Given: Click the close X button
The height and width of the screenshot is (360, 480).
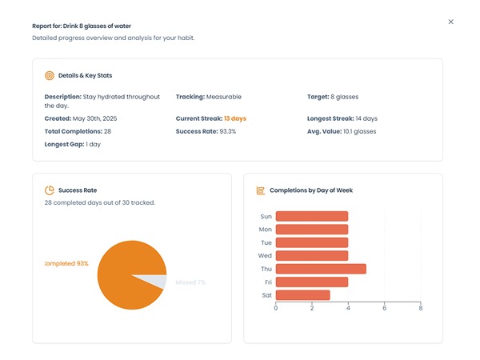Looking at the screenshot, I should pyautogui.click(x=450, y=22).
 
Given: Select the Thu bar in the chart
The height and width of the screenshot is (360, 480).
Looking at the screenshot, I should pyautogui.click(x=321, y=269).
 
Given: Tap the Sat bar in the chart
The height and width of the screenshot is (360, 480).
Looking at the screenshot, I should pyautogui.click(x=302, y=295).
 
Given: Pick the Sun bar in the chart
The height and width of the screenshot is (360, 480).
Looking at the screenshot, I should pyautogui.click(x=311, y=216).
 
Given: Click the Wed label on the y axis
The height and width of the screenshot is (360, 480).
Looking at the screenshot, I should pyautogui.click(x=266, y=256).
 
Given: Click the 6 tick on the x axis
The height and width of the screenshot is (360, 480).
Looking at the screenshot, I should pyautogui.click(x=384, y=308).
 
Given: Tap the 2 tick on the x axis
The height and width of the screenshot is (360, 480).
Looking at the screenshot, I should pyautogui.click(x=312, y=308).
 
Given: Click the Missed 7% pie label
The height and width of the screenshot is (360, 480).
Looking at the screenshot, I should pyautogui.click(x=190, y=282).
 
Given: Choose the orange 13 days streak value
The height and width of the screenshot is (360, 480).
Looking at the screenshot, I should pyautogui.click(x=234, y=118).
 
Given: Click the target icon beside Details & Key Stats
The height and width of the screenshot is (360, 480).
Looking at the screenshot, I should pyautogui.click(x=50, y=76).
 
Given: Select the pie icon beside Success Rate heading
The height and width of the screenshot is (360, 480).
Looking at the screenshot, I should pyautogui.click(x=50, y=190).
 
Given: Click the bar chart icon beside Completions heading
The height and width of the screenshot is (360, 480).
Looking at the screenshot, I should pyautogui.click(x=261, y=190).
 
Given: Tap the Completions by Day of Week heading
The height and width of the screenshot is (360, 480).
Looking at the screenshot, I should pyautogui.click(x=310, y=190).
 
